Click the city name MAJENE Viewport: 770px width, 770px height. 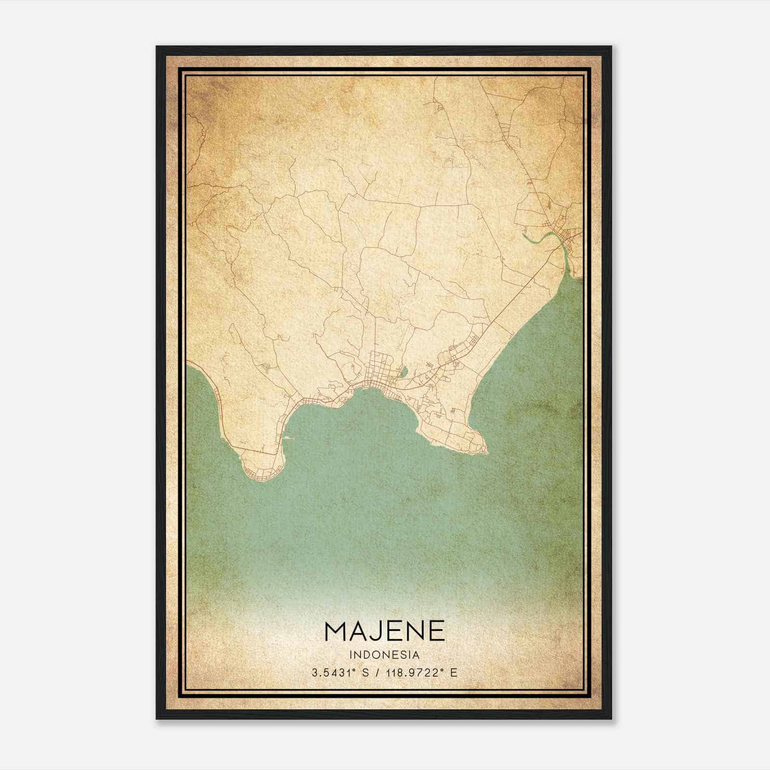pyautogui.click(x=385, y=631)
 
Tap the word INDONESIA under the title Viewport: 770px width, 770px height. pyautogui.click(x=385, y=655)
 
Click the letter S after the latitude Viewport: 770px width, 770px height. pyautogui.click(x=365, y=673)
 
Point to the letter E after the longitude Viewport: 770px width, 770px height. pyautogui.click(x=453, y=673)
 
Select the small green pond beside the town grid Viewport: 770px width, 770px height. pyautogui.click(x=404, y=372)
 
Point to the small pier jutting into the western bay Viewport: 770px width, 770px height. pyautogui.click(x=287, y=438)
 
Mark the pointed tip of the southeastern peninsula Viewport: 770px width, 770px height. pyautogui.click(x=487, y=452)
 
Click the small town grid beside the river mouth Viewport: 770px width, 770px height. pyautogui.click(x=568, y=236)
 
